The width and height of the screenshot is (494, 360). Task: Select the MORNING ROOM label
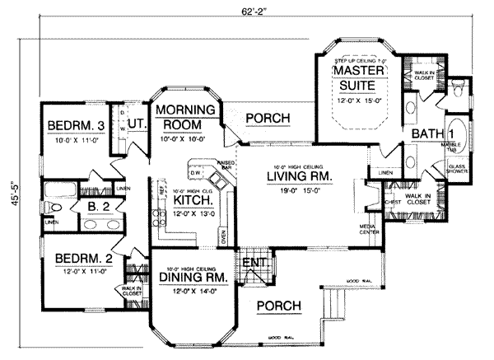(186, 116)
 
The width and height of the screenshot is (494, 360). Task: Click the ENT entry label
(251, 263)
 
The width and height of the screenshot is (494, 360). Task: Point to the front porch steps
(334, 312)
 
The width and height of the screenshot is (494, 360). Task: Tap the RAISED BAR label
(222, 167)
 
